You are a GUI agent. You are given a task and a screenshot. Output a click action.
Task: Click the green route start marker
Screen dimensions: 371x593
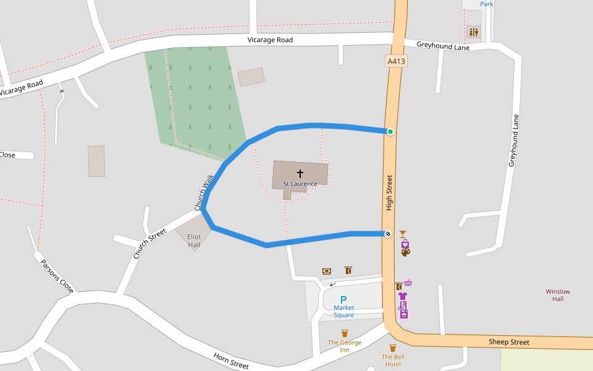click(390, 132)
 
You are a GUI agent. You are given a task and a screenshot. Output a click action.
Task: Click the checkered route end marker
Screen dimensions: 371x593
click(387, 234)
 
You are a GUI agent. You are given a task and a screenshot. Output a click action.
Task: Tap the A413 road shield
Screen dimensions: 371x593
click(395, 61)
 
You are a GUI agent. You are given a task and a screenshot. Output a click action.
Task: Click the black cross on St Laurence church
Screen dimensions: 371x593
click(300, 174)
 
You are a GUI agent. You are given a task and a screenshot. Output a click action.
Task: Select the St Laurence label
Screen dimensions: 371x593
click(300, 184)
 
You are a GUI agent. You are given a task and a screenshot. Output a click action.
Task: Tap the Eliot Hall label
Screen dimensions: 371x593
click(194, 241)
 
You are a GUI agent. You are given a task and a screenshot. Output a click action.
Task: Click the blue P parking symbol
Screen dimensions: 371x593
click(343, 299)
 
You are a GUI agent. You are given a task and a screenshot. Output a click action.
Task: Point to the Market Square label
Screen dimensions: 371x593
click(344, 311)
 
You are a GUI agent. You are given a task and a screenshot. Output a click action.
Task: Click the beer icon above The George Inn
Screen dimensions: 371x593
click(345, 333)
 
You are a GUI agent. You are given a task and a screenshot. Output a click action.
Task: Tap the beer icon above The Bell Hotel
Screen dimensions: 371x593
click(392, 348)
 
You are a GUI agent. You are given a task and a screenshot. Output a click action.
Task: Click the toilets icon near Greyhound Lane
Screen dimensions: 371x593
click(474, 32)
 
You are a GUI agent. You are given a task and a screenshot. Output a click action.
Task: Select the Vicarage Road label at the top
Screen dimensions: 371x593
click(270, 40)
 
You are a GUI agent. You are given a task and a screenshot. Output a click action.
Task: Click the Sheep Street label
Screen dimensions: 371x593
click(509, 342)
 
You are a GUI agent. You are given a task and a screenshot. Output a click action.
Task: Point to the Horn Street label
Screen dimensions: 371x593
click(231, 360)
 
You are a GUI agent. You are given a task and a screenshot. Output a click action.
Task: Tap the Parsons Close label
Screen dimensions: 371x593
click(57, 276)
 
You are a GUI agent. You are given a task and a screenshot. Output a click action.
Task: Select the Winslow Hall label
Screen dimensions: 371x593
click(558, 295)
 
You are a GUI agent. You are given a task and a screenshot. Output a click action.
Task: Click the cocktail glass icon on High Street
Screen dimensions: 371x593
click(403, 234)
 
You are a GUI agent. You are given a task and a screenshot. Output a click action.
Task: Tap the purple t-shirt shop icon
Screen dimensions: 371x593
click(403, 296)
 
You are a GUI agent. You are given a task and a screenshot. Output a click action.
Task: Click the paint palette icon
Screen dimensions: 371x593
click(405, 252)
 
